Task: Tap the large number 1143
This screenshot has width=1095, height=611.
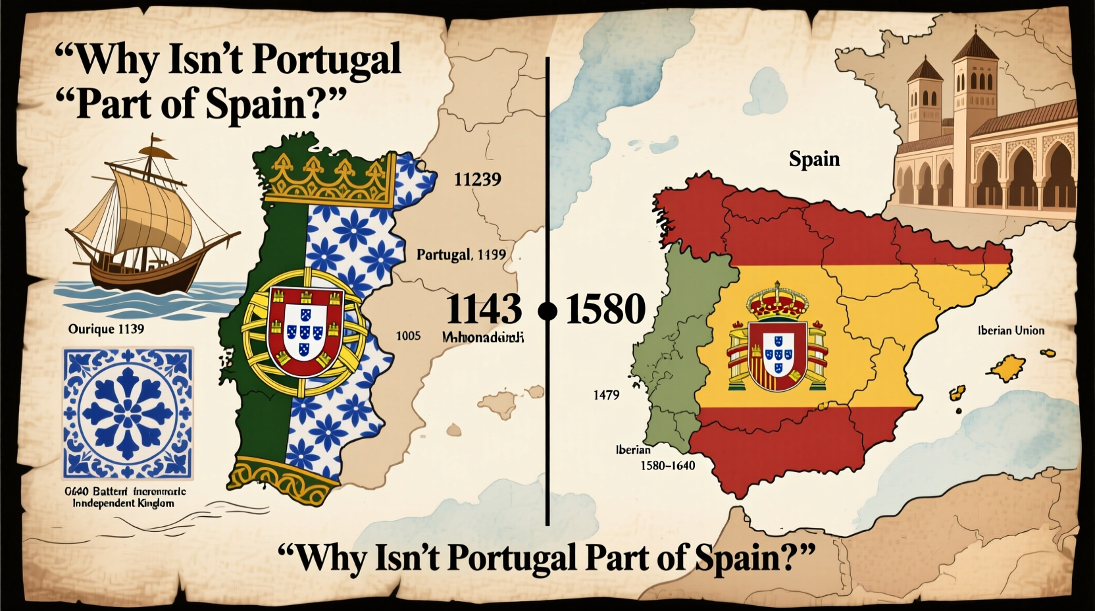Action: tap(484, 309)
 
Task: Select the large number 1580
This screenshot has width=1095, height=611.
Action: tap(605, 309)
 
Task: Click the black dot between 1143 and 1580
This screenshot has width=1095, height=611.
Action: tap(547, 311)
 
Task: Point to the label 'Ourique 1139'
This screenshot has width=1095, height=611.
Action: tap(106, 329)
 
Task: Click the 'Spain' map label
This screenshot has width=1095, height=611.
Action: tap(814, 159)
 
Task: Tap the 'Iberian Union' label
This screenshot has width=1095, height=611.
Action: tap(1011, 331)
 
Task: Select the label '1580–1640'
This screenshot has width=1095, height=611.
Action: tap(667, 466)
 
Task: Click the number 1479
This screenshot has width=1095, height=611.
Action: tap(606, 395)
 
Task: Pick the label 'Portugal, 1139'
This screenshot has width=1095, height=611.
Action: tap(461, 254)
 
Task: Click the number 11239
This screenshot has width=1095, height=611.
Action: tap(477, 179)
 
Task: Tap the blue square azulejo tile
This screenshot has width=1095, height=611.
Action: tap(128, 413)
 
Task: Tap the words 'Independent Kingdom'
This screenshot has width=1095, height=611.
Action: tap(124, 504)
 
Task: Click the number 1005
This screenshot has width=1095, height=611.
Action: tap(408, 336)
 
